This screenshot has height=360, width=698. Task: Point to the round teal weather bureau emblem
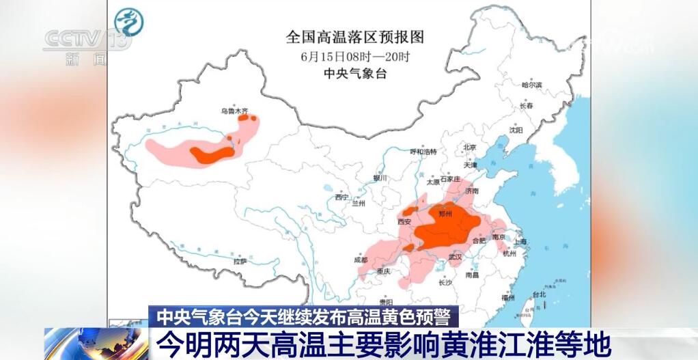128,23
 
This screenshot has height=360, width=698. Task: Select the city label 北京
469,147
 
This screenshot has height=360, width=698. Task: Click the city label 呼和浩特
427,151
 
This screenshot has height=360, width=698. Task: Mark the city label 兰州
359,204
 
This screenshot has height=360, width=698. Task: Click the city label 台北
539,295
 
